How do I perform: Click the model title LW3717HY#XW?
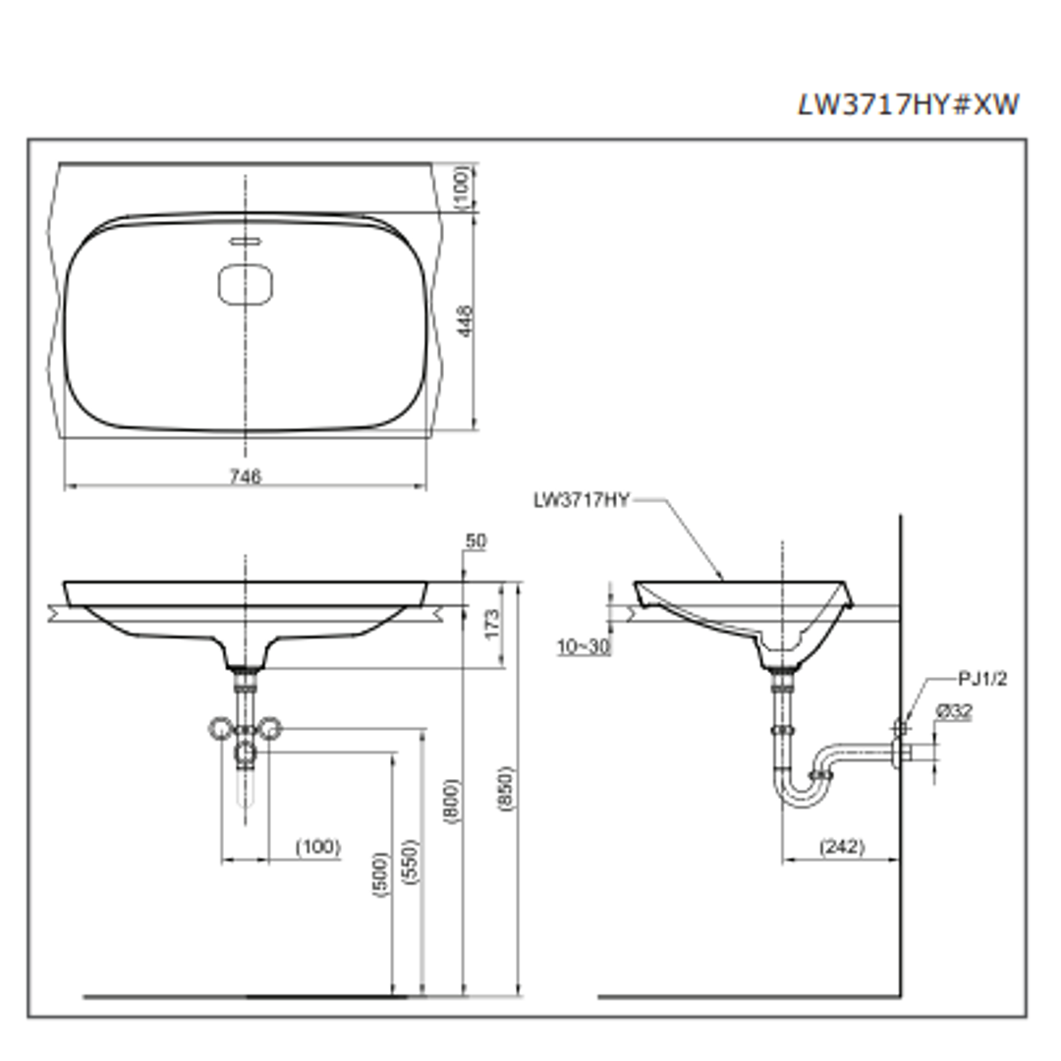coord(907,105)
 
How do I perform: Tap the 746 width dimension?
coord(245,476)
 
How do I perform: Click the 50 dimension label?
coord(476,541)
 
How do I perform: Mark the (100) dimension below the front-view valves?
coord(317,847)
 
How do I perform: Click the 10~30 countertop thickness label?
coord(583,648)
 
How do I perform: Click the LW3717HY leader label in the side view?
coord(581,500)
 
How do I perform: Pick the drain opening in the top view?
coord(245,285)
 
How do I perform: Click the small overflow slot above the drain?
coord(245,241)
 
